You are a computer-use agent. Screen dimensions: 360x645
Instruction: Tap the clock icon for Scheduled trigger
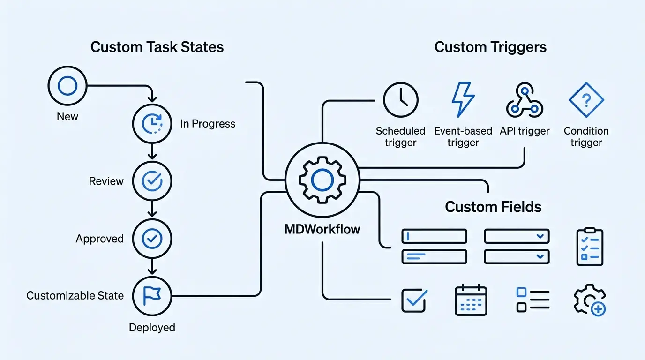pos(400,100)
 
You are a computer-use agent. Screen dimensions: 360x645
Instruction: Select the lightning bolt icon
pos(463,100)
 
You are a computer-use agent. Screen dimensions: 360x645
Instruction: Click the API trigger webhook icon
pos(525,101)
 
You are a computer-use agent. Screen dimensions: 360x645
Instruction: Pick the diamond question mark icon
pos(586,99)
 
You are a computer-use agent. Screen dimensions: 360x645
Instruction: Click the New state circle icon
pos(67,86)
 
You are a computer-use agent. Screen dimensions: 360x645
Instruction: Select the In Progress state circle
pos(152,123)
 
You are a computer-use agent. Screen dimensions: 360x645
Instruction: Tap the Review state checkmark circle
pos(152,181)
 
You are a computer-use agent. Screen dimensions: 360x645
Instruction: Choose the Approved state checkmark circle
pos(152,239)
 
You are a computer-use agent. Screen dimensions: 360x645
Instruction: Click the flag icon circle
pos(152,296)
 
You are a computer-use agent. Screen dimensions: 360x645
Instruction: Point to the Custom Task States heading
pos(157,47)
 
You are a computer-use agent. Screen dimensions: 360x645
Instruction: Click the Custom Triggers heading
pos(490,47)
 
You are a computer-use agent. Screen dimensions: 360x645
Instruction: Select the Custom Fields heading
pos(493,207)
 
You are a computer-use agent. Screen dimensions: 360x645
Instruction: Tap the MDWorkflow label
pos(322,229)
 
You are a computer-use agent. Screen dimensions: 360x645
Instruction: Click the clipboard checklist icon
pos(590,247)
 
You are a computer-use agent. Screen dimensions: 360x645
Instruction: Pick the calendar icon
pos(471,300)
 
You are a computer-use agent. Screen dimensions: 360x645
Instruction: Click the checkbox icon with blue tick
pos(414,300)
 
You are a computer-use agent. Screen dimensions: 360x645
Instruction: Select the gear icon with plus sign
pos(590,300)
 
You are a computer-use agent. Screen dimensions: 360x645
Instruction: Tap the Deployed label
pos(152,327)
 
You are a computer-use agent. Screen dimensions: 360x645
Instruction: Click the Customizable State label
pos(75,296)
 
